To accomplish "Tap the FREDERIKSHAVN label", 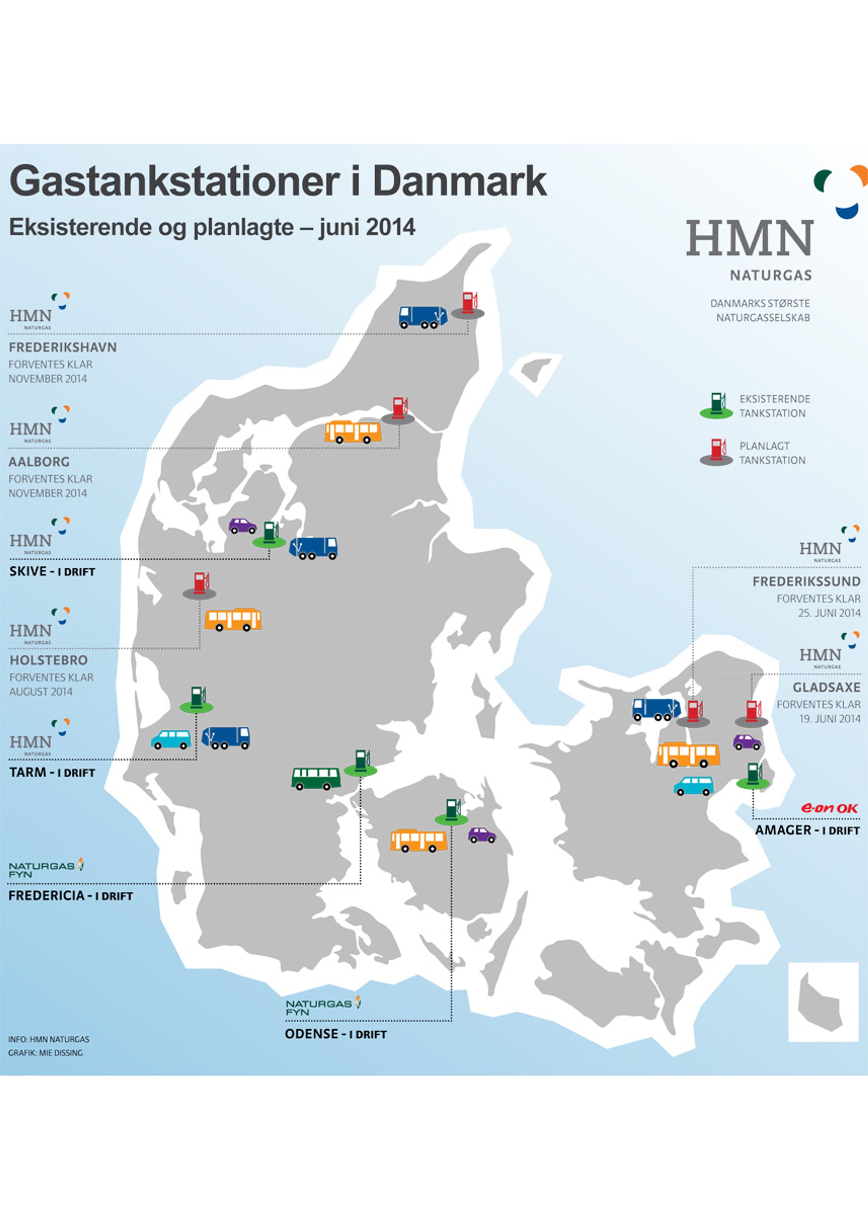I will point(62,347).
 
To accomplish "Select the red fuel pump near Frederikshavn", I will point(468,304).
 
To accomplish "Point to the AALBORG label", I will point(39,462).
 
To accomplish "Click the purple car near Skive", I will point(242,526).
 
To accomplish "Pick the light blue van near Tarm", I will point(171,740).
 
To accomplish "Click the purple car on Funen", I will point(482,835).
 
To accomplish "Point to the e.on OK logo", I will point(829,808).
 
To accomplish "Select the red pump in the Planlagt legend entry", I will point(717,452).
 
